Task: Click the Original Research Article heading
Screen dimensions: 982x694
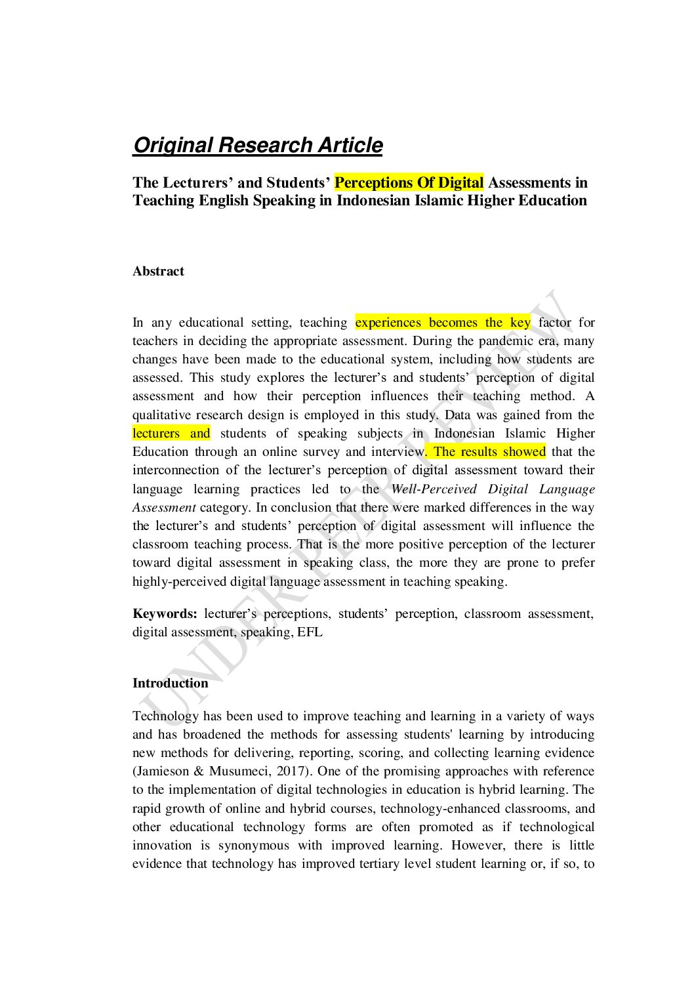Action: pyautogui.click(x=258, y=145)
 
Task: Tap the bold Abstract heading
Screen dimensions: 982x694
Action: pyautogui.click(x=158, y=272)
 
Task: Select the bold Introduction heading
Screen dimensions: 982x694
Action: pyautogui.click(x=170, y=683)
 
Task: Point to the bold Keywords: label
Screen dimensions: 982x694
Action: pyautogui.click(x=165, y=614)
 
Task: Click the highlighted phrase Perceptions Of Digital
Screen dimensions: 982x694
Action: pyautogui.click(x=409, y=183)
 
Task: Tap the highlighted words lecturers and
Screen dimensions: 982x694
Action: pyautogui.click(x=171, y=433)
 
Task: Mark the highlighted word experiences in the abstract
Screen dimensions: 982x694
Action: pyautogui.click(x=388, y=322)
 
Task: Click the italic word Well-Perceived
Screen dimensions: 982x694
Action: pyautogui.click(x=434, y=489)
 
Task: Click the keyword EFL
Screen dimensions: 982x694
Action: pyautogui.click(x=310, y=632)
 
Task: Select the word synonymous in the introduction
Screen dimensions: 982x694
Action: pyautogui.click(x=253, y=846)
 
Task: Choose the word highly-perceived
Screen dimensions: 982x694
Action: pyautogui.click(x=179, y=582)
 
